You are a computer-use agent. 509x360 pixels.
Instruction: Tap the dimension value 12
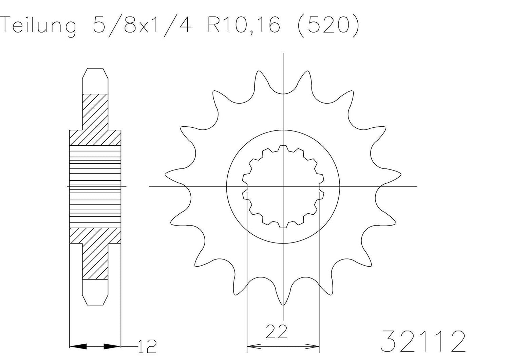pyautogui.click(x=147, y=346)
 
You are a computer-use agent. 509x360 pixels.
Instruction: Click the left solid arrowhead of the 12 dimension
pyautogui.click(x=78, y=346)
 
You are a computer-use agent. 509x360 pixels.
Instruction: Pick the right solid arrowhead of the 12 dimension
pyautogui.click(x=112, y=346)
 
